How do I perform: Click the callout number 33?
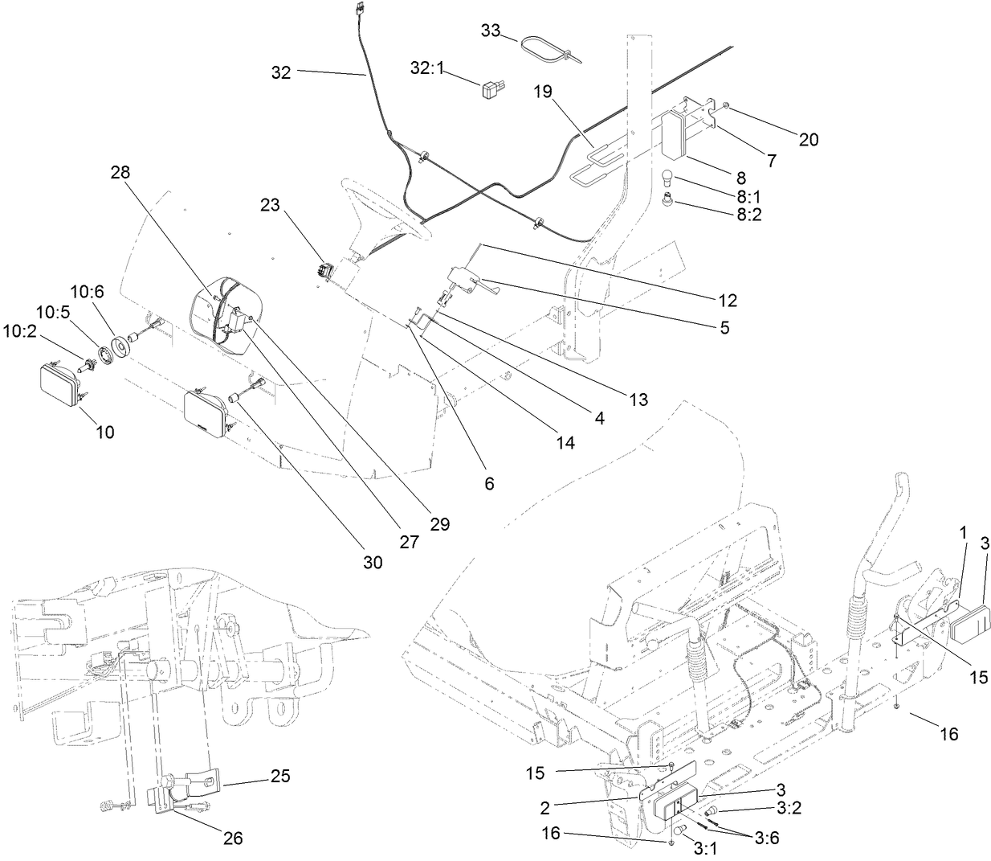[x=491, y=31]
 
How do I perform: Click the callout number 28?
[x=120, y=172]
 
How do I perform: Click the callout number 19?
[x=544, y=92]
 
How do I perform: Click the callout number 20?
[x=808, y=139]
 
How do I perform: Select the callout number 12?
[x=728, y=301]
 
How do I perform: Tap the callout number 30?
[x=372, y=563]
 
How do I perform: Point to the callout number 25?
[x=280, y=777]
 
